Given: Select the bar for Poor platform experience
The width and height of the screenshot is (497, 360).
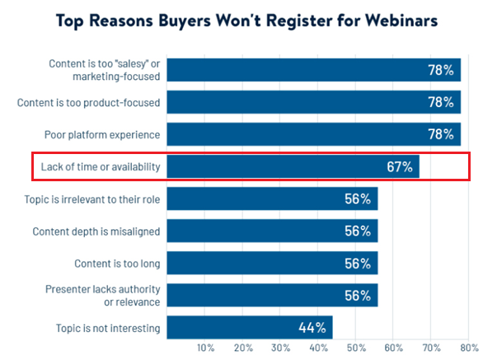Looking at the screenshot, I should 313,134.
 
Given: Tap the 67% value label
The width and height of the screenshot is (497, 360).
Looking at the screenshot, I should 399,166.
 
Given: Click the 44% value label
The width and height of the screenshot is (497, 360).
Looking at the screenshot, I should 312,327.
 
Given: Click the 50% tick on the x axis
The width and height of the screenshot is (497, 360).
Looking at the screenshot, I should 355,348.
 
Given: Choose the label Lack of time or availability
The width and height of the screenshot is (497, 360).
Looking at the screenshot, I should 101,167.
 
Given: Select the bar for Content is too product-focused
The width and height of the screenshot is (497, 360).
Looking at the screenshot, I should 313,103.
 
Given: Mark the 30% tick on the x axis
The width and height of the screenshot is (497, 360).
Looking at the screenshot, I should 280,348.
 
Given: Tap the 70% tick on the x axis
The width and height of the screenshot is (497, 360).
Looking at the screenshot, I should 430,348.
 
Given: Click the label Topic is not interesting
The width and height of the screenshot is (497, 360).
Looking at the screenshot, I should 109,327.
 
